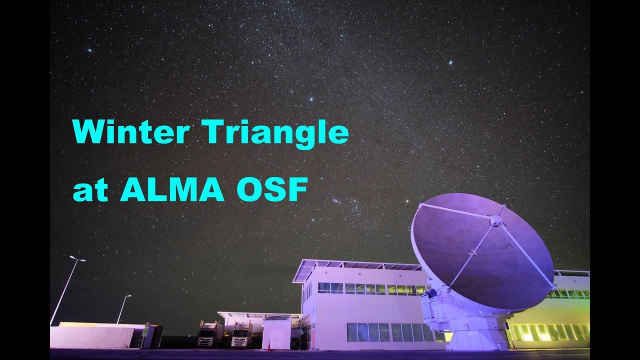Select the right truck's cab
coord(241,335)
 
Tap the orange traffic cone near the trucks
coord(268,346)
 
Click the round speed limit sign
coord(145,325)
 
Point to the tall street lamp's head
coord(77,258)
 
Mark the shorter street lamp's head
coord(127,296)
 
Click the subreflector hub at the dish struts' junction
coord(495,220)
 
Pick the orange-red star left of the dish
coord(407,202)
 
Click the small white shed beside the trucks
coord(276,333)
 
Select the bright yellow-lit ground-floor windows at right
coord(547,332)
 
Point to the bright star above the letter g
coord(310,99)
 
